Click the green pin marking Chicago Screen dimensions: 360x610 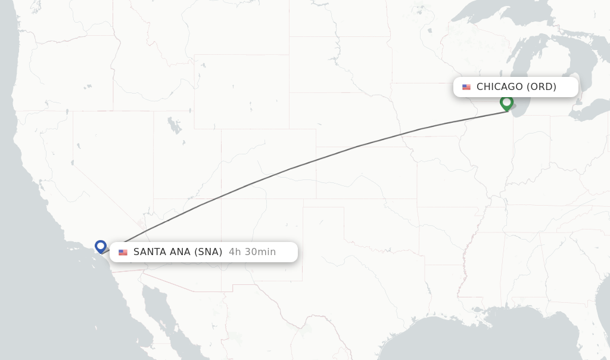pyautogui.click(x=506, y=103)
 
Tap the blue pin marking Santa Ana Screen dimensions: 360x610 pyautogui.click(x=101, y=246)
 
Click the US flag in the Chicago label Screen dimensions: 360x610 pyautogui.click(x=466, y=87)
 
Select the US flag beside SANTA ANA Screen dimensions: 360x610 pyautogui.click(x=123, y=252)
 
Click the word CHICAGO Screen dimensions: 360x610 pyautogui.click(x=499, y=87)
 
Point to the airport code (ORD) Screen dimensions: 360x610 pyautogui.click(x=541, y=87)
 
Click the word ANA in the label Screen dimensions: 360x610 pyautogui.click(x=180, y=252)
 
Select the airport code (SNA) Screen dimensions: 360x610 pyautogui.click(x=208, y=252)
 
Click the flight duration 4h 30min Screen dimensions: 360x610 pyautogui.click(x=252, y=252)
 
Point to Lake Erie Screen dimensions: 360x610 pyautogui.click(x=590, y=110)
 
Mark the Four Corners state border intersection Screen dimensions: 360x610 pyautogui.click(x=221, y=198)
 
